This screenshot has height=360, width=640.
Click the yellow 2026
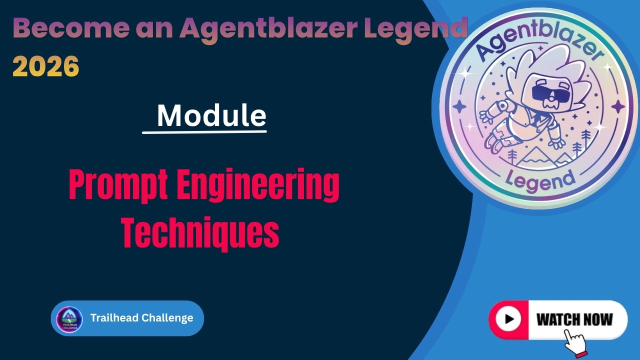coord(46,66)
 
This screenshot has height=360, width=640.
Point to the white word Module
coord(211,115)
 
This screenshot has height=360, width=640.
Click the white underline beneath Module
coord(204,132)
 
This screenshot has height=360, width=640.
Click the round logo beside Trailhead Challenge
coord(69,319)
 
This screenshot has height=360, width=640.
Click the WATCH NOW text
coord(574,320)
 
